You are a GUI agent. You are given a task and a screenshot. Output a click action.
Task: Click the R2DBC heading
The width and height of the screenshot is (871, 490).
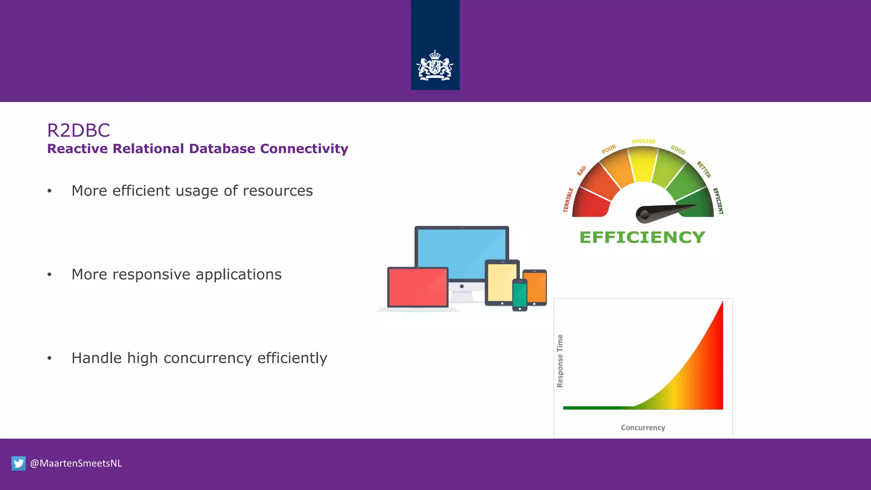79,130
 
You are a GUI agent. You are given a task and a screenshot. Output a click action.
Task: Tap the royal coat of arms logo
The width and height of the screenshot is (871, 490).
435,66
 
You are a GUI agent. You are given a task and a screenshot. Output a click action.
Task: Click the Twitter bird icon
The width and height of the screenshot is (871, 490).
18,463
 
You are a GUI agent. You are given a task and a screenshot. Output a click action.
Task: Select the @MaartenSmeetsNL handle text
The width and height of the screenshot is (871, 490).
76,463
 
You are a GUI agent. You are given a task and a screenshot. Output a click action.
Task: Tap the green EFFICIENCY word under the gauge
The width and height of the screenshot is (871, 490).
642,237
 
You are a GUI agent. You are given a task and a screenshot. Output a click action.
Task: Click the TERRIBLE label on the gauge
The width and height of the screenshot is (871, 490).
568,199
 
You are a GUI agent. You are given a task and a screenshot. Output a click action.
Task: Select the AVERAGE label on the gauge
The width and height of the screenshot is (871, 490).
643,141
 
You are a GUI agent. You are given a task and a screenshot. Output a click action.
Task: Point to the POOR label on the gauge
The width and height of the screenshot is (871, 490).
609,149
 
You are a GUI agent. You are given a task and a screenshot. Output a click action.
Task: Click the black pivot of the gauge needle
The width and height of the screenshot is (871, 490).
645,214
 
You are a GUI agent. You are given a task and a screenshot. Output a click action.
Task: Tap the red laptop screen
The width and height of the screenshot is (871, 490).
418,287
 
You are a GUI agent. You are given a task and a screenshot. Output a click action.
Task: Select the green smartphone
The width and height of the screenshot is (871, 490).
520,295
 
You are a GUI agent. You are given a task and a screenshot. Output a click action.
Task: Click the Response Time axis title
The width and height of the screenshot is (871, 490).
560,361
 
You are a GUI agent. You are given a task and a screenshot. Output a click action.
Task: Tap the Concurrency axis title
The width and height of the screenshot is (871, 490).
643,427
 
